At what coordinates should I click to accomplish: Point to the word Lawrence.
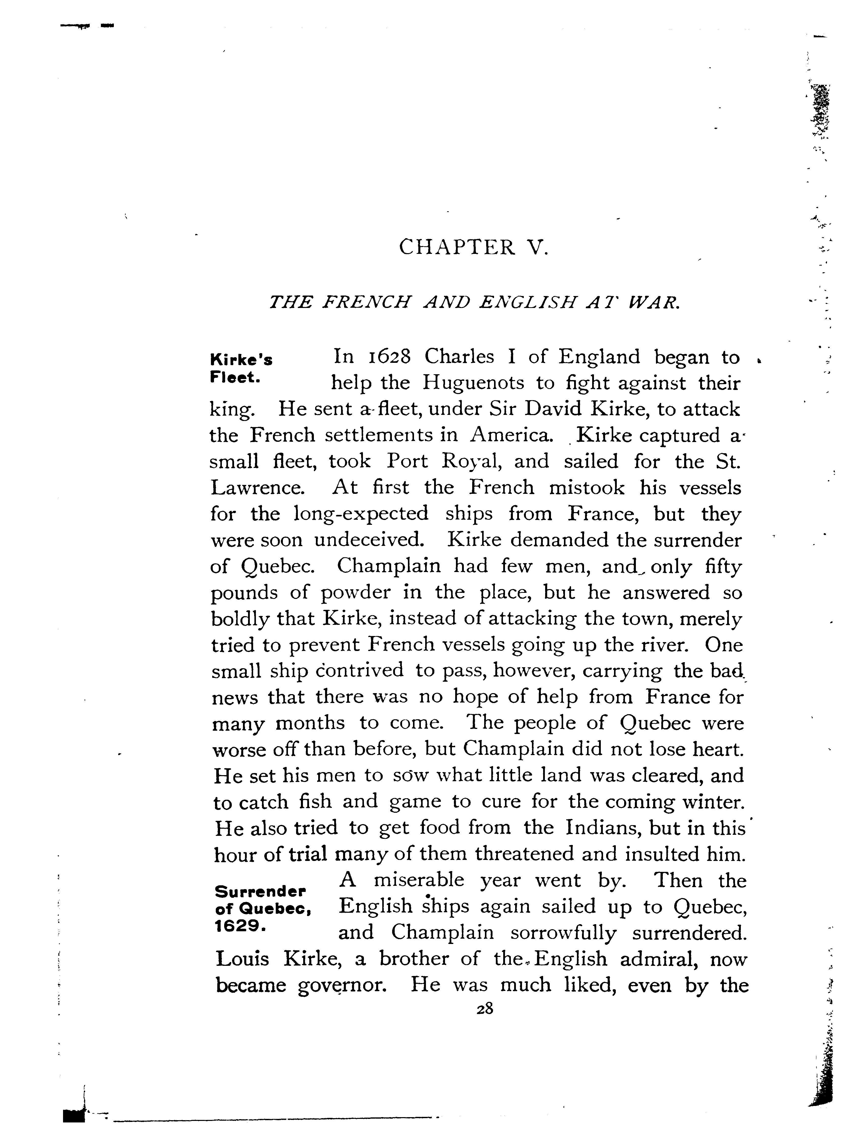(x=258, y=488)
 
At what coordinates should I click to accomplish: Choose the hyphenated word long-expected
(x=361, y=514)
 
